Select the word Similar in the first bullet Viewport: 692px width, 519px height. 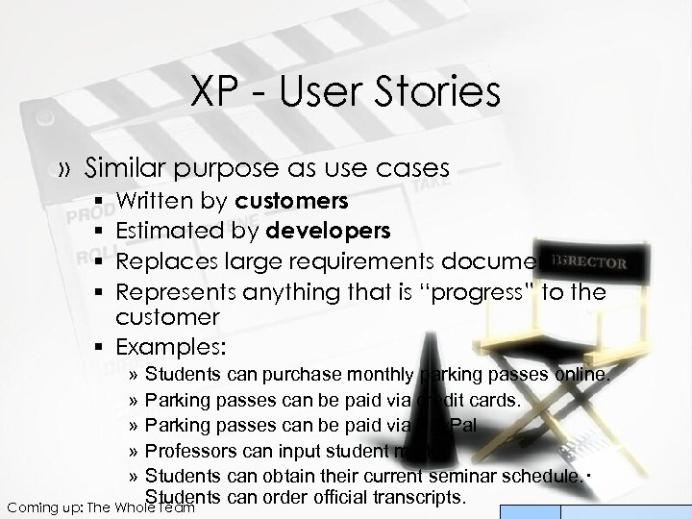124,167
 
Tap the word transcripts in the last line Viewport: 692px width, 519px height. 413,498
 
